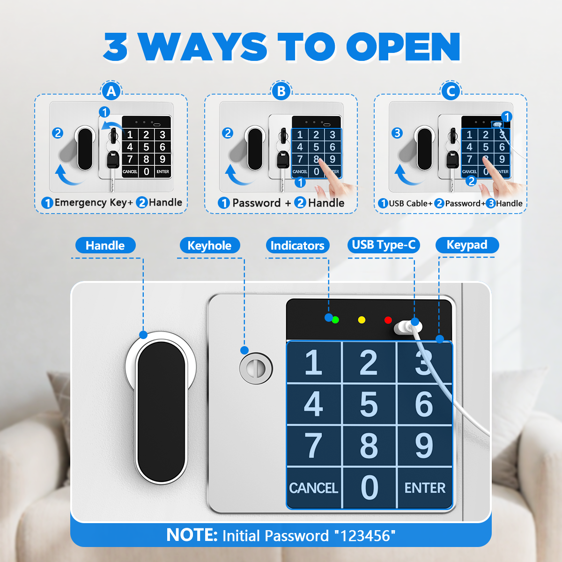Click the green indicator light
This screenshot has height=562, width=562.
335,320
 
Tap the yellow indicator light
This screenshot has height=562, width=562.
362,320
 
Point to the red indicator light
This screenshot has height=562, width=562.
388,320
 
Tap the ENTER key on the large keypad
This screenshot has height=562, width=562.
425,488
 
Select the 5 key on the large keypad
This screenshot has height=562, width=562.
369,405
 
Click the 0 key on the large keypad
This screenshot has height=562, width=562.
369,488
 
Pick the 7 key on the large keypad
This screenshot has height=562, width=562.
313,446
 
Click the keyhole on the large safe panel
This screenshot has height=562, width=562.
256,369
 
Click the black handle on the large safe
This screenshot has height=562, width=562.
161,412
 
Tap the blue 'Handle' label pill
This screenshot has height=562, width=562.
105,245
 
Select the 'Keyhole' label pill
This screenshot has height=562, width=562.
210,245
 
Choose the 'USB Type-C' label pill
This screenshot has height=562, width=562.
384,245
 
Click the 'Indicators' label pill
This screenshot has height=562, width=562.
297,245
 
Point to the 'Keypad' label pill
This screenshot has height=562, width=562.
467,245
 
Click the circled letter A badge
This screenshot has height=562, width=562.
111,91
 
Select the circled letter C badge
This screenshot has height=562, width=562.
451,91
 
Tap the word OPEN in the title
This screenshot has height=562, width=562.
403,47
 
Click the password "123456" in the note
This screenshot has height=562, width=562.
365,536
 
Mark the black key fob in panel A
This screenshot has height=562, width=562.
113,160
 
